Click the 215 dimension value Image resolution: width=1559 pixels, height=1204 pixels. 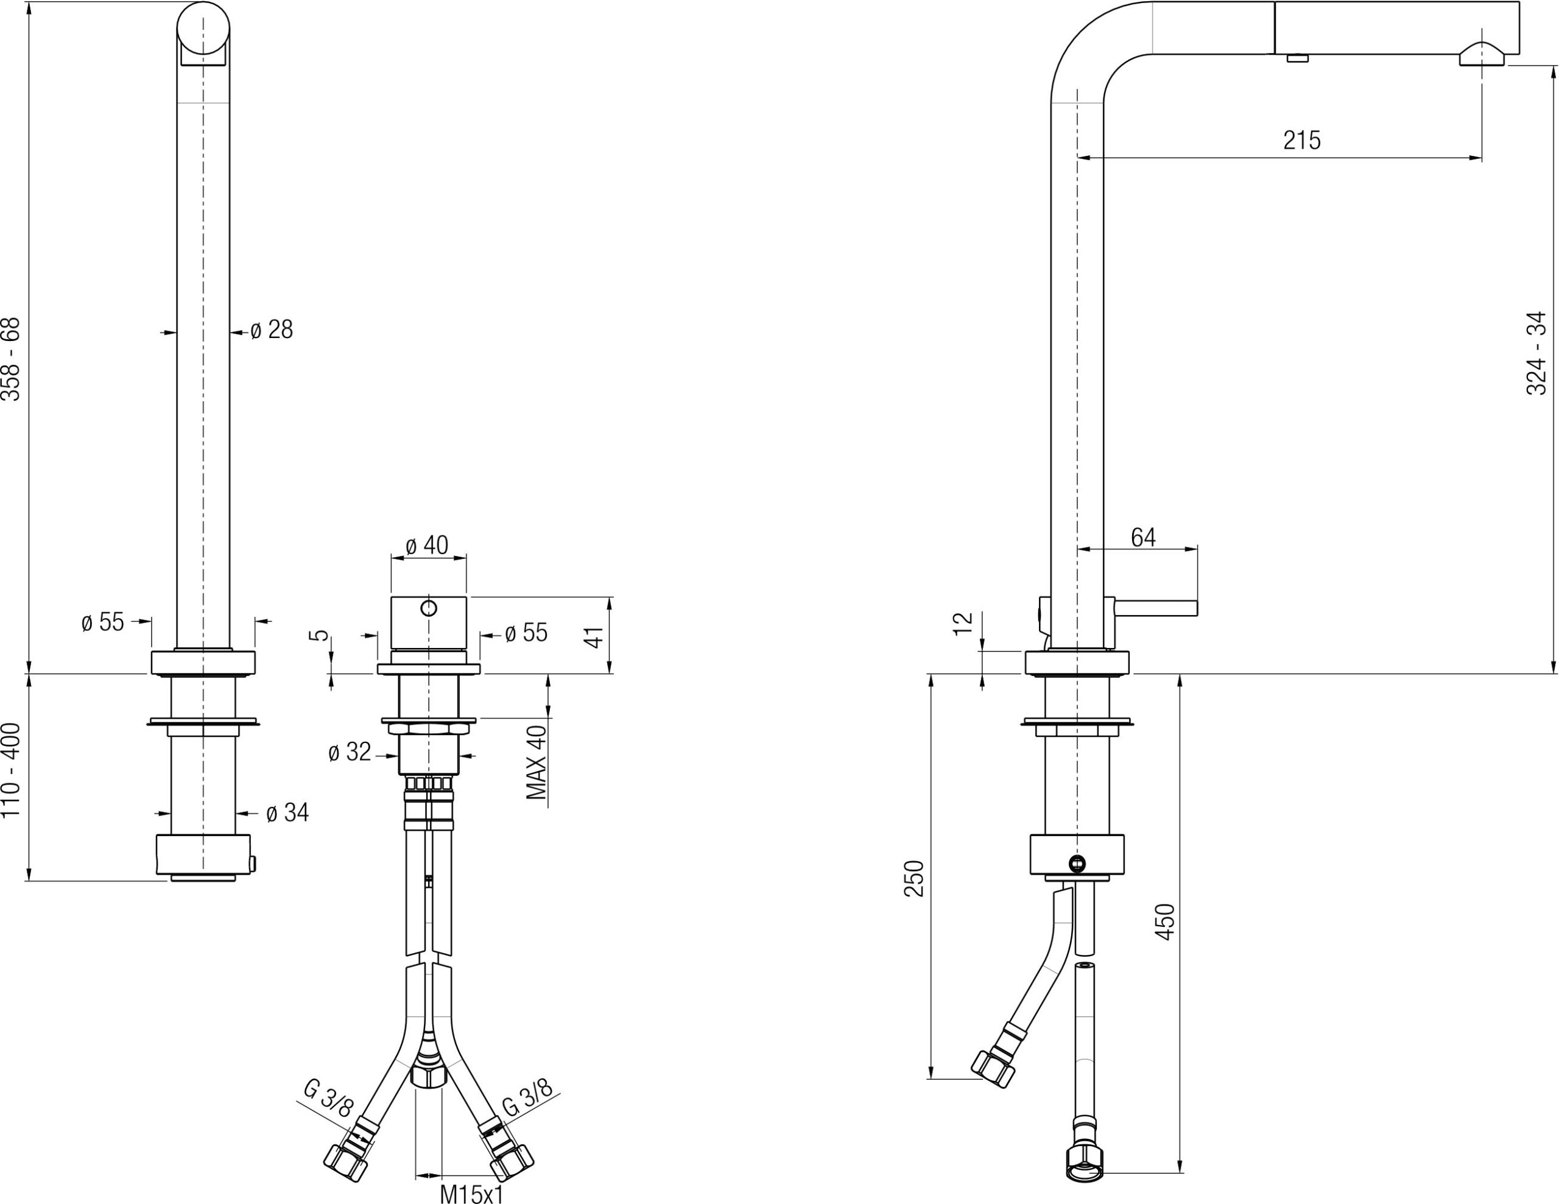pos(1301,141)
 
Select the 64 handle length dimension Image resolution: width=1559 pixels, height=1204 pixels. pos(1143,537)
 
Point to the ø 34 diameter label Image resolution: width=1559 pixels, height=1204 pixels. pos(287,812)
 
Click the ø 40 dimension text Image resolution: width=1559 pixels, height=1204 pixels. pos(427,545)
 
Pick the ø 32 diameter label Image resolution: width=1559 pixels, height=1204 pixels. pos(350,752)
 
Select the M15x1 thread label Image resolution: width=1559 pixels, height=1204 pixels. pos(471,1194)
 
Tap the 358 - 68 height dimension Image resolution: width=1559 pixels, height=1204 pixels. pos(12,359)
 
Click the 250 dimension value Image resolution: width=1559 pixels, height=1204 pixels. pos(915,879)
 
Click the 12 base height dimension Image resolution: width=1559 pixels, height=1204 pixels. pos(963,623)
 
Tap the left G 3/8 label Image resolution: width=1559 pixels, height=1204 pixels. pos(328,1099)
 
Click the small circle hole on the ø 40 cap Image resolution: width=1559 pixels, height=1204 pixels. pos(428,608)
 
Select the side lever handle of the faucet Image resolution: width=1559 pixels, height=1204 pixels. pos(1156,608)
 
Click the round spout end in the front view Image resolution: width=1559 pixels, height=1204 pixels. pos(203,29)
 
